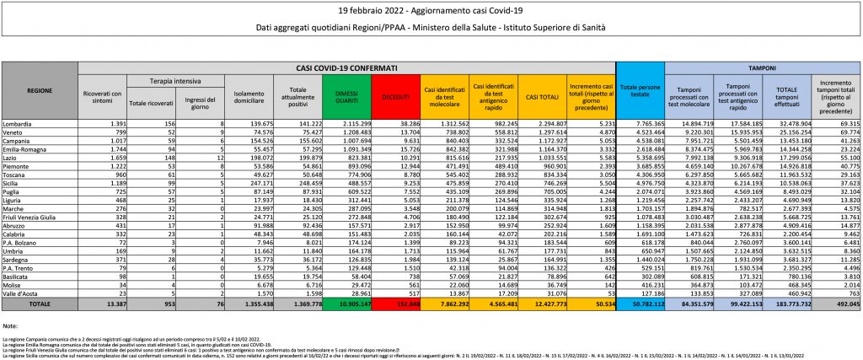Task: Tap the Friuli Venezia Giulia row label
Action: point(40,218)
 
